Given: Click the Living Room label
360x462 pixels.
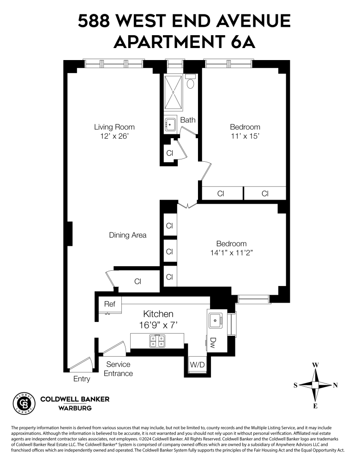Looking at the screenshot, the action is pyautogui.click(x=114, y=127).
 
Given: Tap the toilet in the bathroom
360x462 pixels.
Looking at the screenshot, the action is pyautogui.click(x=191, y=81).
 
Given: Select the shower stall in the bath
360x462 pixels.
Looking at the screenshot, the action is pyautogui.click(x=174, y=92).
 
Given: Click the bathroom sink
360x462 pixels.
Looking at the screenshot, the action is pyautogui.click(x=170, y=125).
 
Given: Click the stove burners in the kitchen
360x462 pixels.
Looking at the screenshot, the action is pyautogui.click(x=157, y=341).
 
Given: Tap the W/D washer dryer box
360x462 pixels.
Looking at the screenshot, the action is pyautogui.click(x=197, y=365).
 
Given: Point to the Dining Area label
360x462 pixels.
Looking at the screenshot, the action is pyautogui.click(x=128, y=235).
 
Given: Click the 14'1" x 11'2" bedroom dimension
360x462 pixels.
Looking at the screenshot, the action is pyautogui.click(x=232, y=253).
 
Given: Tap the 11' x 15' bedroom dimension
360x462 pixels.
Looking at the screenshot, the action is pyautogui.click(x=245, y=136).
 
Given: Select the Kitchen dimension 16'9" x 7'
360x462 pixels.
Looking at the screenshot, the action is pyautogui.click(x=158, y=325).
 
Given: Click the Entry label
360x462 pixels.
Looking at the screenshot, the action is pyautogui.click(x=82, y=379).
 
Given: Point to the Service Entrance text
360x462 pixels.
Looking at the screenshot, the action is pyautogui.click(x=118, y=369).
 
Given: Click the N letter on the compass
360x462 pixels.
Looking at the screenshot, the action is pyautogui.click(x=335, y=385).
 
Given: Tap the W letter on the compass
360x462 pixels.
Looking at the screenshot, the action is pyautogui.click(x=315, y=365).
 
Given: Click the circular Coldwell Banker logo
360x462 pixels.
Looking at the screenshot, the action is pyautogui.click(x=24, y=404).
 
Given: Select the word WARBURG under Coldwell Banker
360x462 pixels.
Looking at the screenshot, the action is pyautogui.click(x=75, y=408).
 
